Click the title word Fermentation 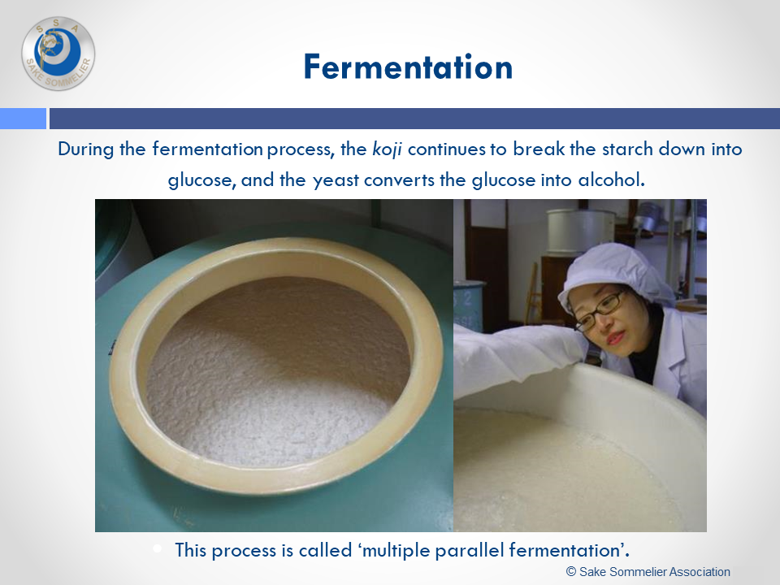[x=408, y=67]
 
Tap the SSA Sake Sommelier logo [x=58, y=54]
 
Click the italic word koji [x=387, y=149]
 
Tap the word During [x=85, y=149]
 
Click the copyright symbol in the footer [x=571, y=571]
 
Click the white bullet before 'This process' [x=158, y=548]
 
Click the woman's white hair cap [x=615, y=271]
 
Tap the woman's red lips [x=615, y=339]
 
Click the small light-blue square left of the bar [x=23, y=119]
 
